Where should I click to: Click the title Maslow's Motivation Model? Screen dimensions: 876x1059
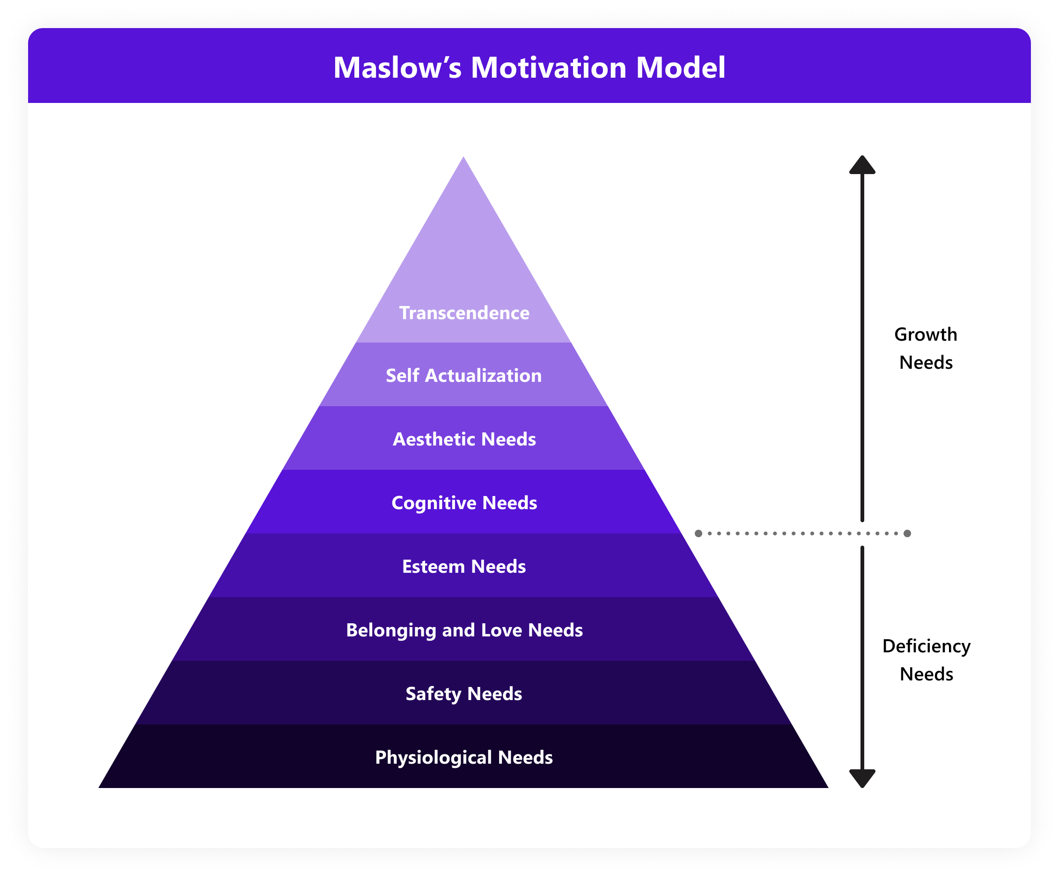tap(529, 67)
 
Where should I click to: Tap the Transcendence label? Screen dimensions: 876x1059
tap(464, 313)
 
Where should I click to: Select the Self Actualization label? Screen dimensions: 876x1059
tap(464, 375)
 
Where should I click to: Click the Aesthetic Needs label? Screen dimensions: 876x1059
tap(464, 439)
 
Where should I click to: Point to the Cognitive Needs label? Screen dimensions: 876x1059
tap(464, 503)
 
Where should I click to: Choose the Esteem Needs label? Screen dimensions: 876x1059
tap(464, 567)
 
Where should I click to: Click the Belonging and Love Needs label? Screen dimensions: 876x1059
tap(464, 630)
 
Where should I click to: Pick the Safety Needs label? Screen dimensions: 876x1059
tap(464, 693)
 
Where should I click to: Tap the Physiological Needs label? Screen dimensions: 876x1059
tap(464, 757)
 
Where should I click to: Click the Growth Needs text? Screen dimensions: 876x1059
tap(926, 348)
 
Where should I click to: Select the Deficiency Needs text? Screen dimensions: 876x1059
tap(927, 660)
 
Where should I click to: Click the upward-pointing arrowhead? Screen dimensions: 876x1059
tap(862, 165)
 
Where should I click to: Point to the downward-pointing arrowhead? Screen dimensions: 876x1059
tap(862, 778)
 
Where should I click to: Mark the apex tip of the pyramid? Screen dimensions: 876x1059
tap(463, 158)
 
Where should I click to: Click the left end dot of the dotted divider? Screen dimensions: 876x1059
tap(699, 533)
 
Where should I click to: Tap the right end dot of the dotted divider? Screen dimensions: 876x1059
tap(907, 533)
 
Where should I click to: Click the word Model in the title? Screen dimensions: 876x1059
tap(680, 67)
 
